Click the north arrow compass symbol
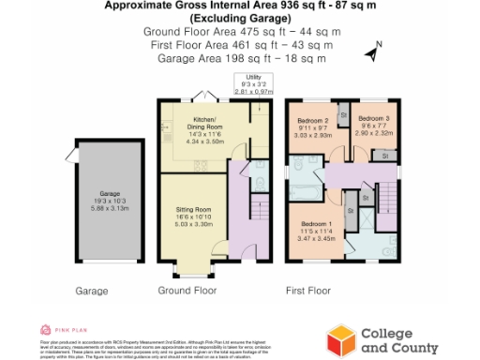[373, 52]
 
